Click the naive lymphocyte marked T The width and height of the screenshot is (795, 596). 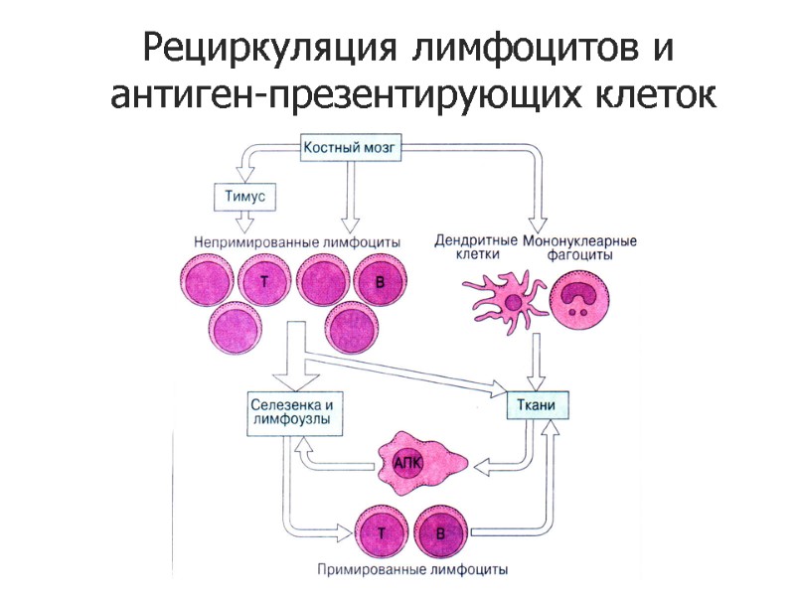(x=263, y=283)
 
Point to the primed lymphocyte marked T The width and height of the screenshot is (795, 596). (x=381, y=534)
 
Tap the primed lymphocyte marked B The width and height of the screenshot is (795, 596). (x=441, y=534)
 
